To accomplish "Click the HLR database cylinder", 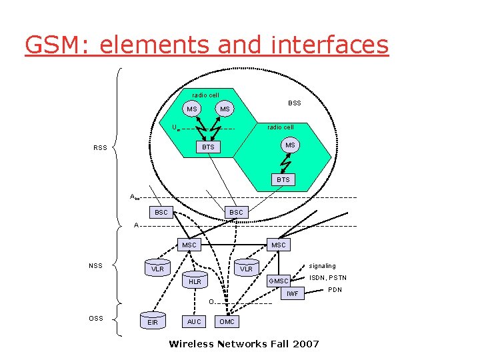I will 195,281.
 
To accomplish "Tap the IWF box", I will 291,293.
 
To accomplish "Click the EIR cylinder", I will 153,321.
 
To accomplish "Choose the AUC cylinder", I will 194,321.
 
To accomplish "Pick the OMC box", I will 227,321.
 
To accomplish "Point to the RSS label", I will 100,149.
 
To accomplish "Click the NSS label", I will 96,266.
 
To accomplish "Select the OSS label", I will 96,318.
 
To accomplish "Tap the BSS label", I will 294,103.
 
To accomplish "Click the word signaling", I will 322,266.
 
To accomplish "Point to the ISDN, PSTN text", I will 328,278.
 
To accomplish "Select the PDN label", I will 335,290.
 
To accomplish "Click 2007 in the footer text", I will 304,344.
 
